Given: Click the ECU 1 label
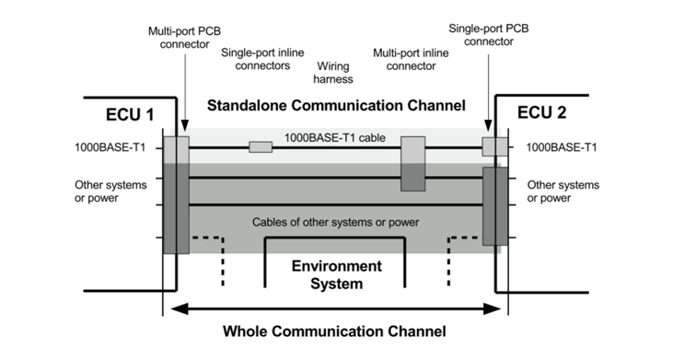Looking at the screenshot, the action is click(130, 115).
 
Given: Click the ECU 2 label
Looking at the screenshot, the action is click(541, 112).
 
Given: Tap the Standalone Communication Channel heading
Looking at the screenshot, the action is click(336, 105).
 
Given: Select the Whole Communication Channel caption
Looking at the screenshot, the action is click(334, 331).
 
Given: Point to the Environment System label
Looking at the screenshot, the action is click(336, 274).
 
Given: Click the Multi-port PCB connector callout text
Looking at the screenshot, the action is click(184, 38).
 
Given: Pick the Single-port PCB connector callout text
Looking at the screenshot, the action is click(488, 35).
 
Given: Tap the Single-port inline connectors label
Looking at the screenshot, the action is click(262, 59).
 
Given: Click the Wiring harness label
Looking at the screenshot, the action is click(333, 73).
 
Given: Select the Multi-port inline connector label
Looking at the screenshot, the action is click(411, 60).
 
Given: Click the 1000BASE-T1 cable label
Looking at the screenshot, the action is click(334, 137).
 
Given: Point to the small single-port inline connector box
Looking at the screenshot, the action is click(261, 147).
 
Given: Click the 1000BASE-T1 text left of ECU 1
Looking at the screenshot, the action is click(110, 147).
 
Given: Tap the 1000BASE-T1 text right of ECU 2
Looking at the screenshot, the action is click(561, 147).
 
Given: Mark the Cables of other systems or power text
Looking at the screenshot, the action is click(335, 222).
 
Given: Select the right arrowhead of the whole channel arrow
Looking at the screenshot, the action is click(492, 308).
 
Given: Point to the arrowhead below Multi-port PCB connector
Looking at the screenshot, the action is click(184, 126).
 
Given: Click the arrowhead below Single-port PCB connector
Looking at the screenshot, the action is click(488, 125).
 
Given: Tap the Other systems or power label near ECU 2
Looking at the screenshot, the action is click(563, 192).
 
